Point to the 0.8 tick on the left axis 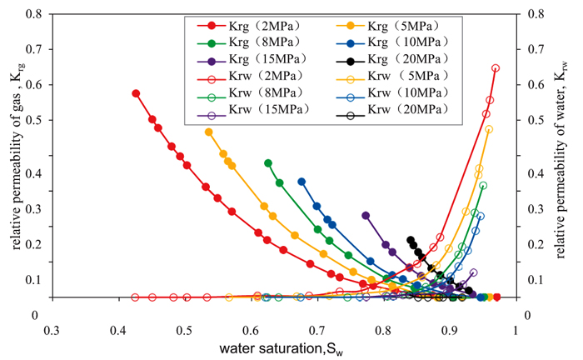[34, 15]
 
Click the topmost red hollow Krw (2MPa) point [496, 68]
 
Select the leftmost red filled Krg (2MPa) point [136, 93]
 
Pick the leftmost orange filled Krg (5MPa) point [208, 132]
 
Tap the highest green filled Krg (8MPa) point [268, 163]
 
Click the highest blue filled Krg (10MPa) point [301, 182]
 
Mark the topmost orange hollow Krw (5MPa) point [489, 129]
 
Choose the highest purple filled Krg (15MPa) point [366, 215]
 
